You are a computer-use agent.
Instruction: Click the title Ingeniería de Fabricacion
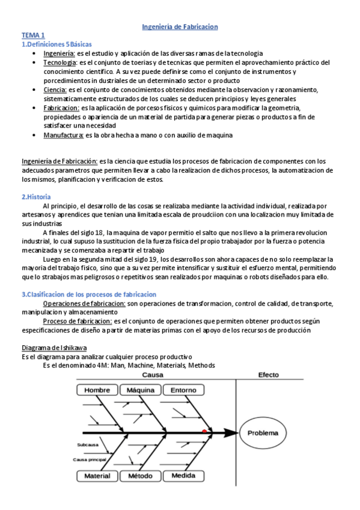[x=180, y=27]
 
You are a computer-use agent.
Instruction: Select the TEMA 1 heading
[x=34, y=36]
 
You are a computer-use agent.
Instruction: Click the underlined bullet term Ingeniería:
[x=59, y=54]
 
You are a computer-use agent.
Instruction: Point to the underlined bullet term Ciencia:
[x=56, y=90]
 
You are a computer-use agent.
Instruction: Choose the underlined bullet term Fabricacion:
[x=61, y=108]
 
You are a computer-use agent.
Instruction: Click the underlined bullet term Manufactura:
[x=63, y=135]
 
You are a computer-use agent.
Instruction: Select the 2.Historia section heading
[x=36, y=197]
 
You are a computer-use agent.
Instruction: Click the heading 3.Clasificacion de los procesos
[x=89, y=294]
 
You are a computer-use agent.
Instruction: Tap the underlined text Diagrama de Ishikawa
[x=53, y=348]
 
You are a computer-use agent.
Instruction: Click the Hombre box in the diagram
[x=97, y=390]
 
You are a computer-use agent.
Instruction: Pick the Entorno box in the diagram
[x=183, y=390]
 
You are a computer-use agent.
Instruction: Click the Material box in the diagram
[x=97, y=476]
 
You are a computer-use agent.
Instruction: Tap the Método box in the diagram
[x=141, y=476]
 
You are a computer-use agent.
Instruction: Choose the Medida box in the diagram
[x=183, y=476]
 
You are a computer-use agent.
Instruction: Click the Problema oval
[x=263, y=432]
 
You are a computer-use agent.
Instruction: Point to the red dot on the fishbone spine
[x=205, y=431]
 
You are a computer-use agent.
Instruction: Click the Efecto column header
[x=268, y=375]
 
